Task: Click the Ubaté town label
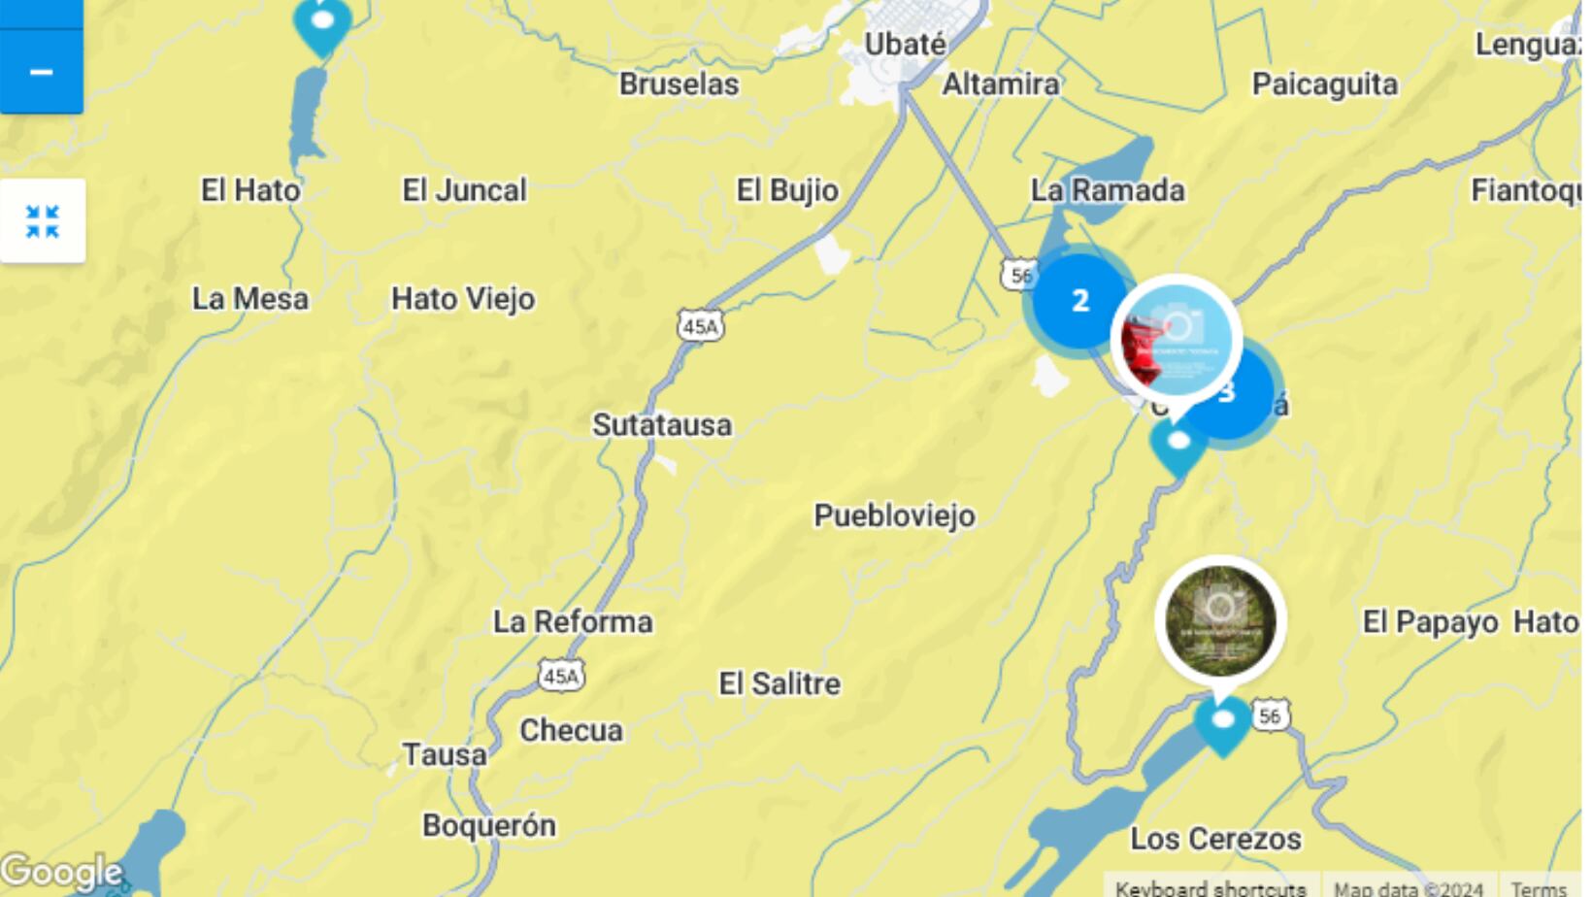(905, 45)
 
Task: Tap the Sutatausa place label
(662, 425)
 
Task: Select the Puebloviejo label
(894, 515)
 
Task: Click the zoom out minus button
(41, 73)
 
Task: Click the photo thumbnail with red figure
(1176, 340)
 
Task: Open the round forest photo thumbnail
(1220, 620)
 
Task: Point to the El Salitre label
(779, 684)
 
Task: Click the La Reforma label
(573, 622)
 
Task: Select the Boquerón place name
(489, 826)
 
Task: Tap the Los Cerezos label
(1215, 839)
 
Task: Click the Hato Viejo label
(463, 299)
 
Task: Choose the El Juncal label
(464, 190)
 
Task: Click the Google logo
(60, 872)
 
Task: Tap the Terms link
(1538, 887)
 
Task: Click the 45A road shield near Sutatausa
(700, 327)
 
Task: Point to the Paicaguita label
(1324, 84)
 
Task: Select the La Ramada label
(1108, 190)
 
